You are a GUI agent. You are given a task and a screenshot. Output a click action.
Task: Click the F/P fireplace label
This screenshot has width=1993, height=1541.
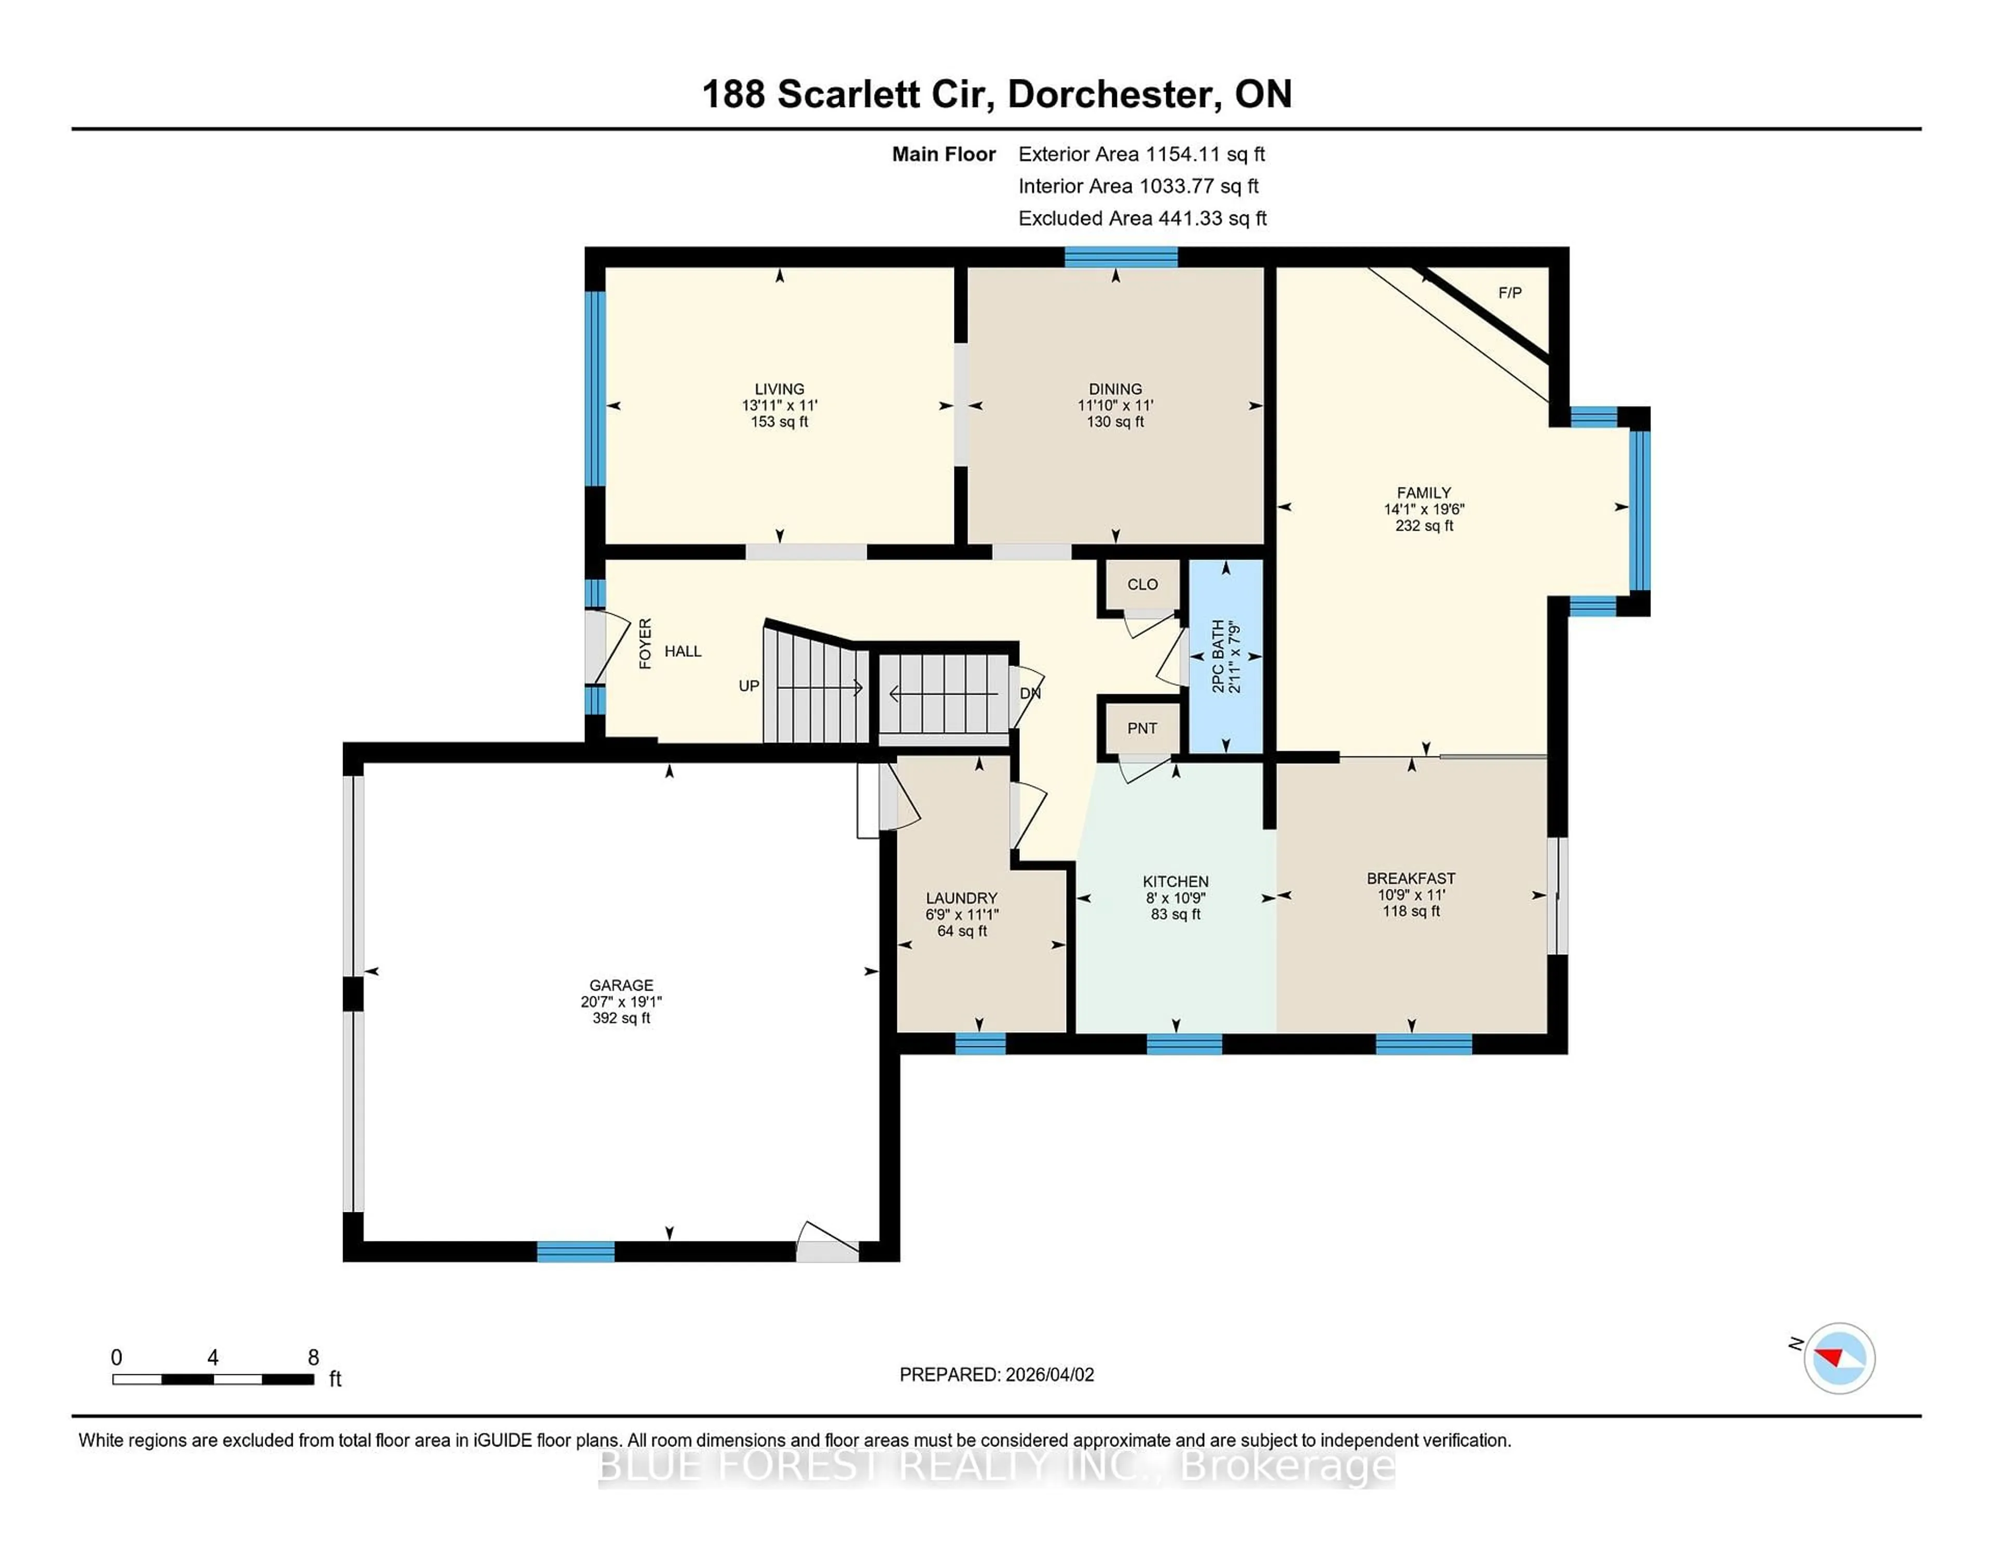(x=1509, y=293)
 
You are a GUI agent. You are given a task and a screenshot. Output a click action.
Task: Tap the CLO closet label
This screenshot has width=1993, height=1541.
(x=1142, y=584)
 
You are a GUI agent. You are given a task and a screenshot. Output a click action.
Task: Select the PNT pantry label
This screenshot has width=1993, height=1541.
(x=1142, y=728)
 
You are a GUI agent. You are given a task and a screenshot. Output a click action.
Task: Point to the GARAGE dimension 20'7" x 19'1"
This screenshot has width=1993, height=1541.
(x=621, y=1002)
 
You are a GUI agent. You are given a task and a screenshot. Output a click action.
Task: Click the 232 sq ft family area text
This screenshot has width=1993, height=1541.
(x=1424, y=526)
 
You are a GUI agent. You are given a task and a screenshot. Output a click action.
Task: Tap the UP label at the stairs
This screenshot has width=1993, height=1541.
(x=748, y=685)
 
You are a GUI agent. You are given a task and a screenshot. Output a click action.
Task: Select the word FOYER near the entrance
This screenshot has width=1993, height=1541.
(x=645, y=644)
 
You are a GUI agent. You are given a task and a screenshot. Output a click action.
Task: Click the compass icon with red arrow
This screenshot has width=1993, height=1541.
(x=1839, y=1358)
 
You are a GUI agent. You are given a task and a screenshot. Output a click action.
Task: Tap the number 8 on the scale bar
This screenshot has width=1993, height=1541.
(x=313, y=1358)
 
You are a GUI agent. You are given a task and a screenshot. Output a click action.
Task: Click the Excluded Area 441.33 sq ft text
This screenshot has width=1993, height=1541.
(x=1142, y=218)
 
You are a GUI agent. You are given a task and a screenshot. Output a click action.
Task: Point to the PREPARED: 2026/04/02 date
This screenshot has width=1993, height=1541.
(x=996, y=1375)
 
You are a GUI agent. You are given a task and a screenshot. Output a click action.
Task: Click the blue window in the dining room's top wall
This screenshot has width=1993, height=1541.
(x=1121, y=256)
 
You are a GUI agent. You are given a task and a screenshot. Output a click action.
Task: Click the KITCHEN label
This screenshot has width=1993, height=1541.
(x=1176, y=882)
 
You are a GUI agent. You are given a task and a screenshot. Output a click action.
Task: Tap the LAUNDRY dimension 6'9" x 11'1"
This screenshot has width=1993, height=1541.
(x=962, y=915)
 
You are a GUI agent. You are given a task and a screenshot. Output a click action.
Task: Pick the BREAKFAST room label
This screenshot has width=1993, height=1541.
(x=1411, y=878)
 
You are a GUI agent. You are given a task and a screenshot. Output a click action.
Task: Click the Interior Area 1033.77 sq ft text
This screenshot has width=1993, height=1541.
(x=1138, y=186)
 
